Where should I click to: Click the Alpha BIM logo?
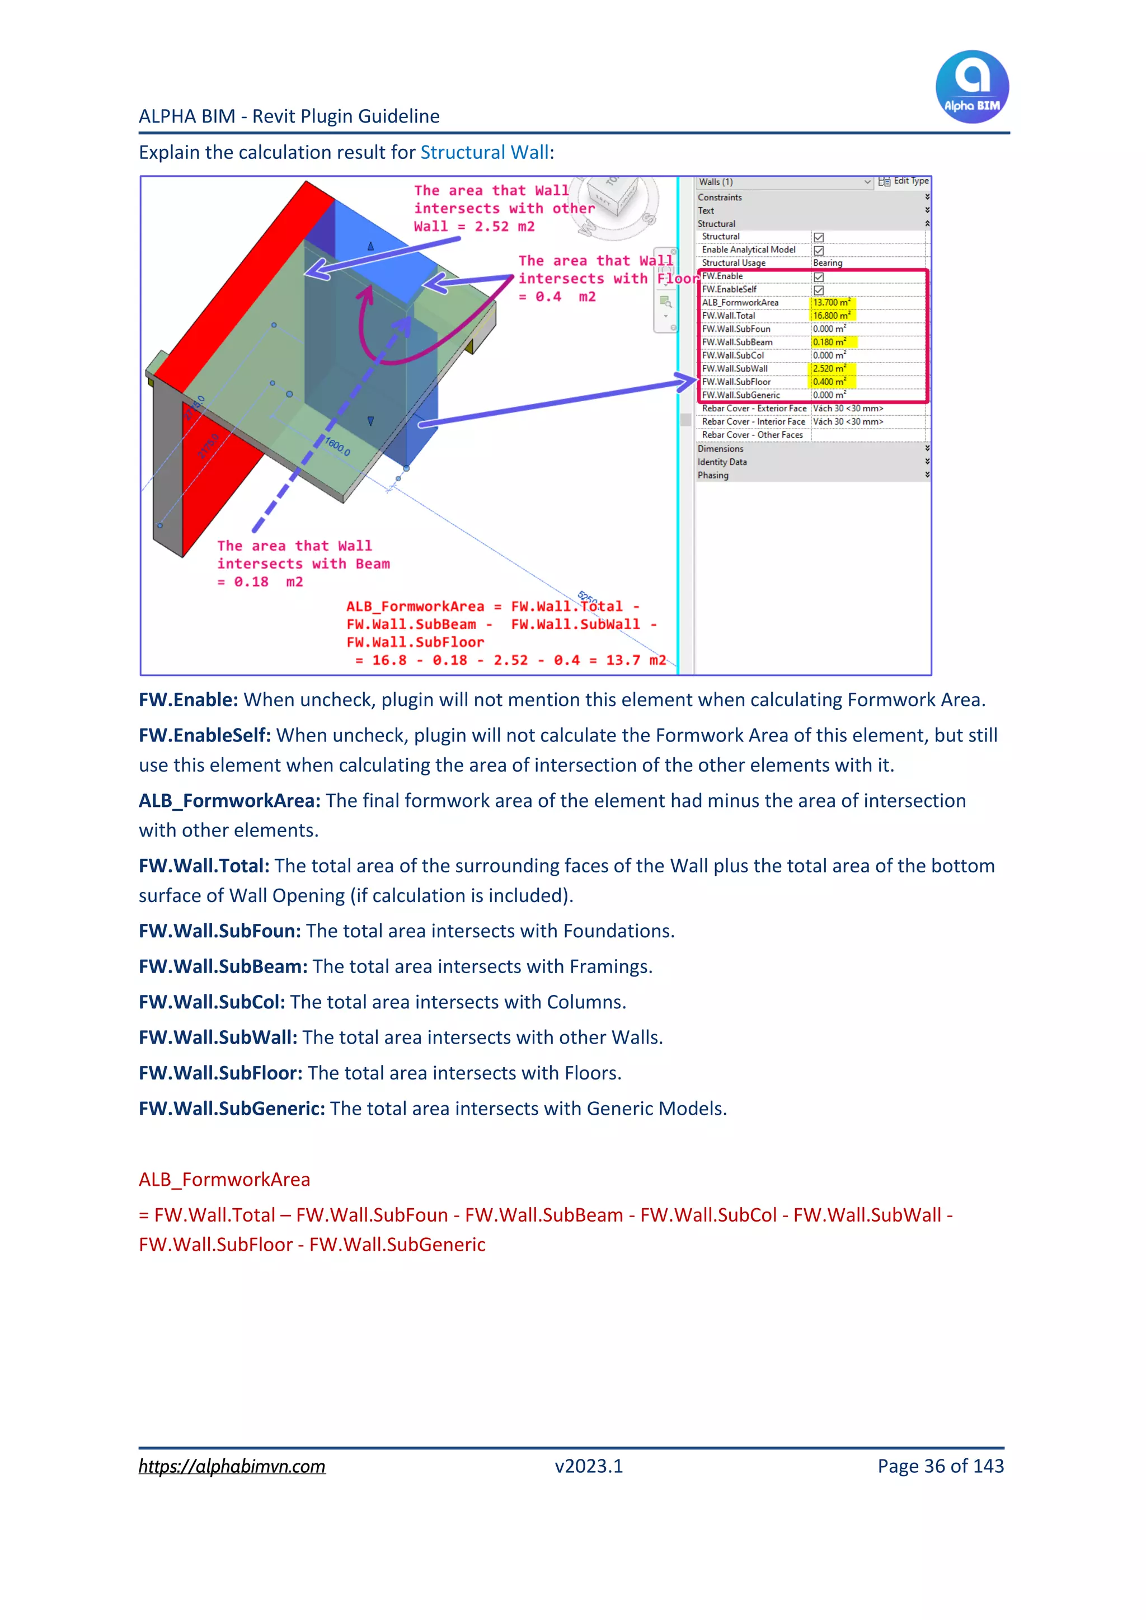click(x=972, y=87)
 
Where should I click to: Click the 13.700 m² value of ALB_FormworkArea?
click(x=832, y=303)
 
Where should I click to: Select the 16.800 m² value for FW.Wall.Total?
click(x=832, y=316)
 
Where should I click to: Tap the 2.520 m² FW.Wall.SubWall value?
click(x=830, y=369)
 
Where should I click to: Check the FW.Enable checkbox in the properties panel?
click(x=819, y=276)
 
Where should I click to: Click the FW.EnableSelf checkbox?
click(x=819, y=290)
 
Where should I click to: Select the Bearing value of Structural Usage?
click(x=828, y=263)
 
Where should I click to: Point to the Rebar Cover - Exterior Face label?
click(x=754, y=408)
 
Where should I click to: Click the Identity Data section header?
click(x=722, y=462)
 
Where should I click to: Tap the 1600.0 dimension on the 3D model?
click(x=337, y=447)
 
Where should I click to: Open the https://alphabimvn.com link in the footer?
click(x=232, y=1466)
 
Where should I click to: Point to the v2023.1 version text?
click(x=589, y=1466)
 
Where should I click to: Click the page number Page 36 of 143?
click(x=940, y=1466)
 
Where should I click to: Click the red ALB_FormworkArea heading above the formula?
click(x=224, y=1180)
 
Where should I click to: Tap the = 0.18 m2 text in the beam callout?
click(x=260, y=582)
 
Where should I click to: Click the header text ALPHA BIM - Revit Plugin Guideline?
click(x=289, y=116)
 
